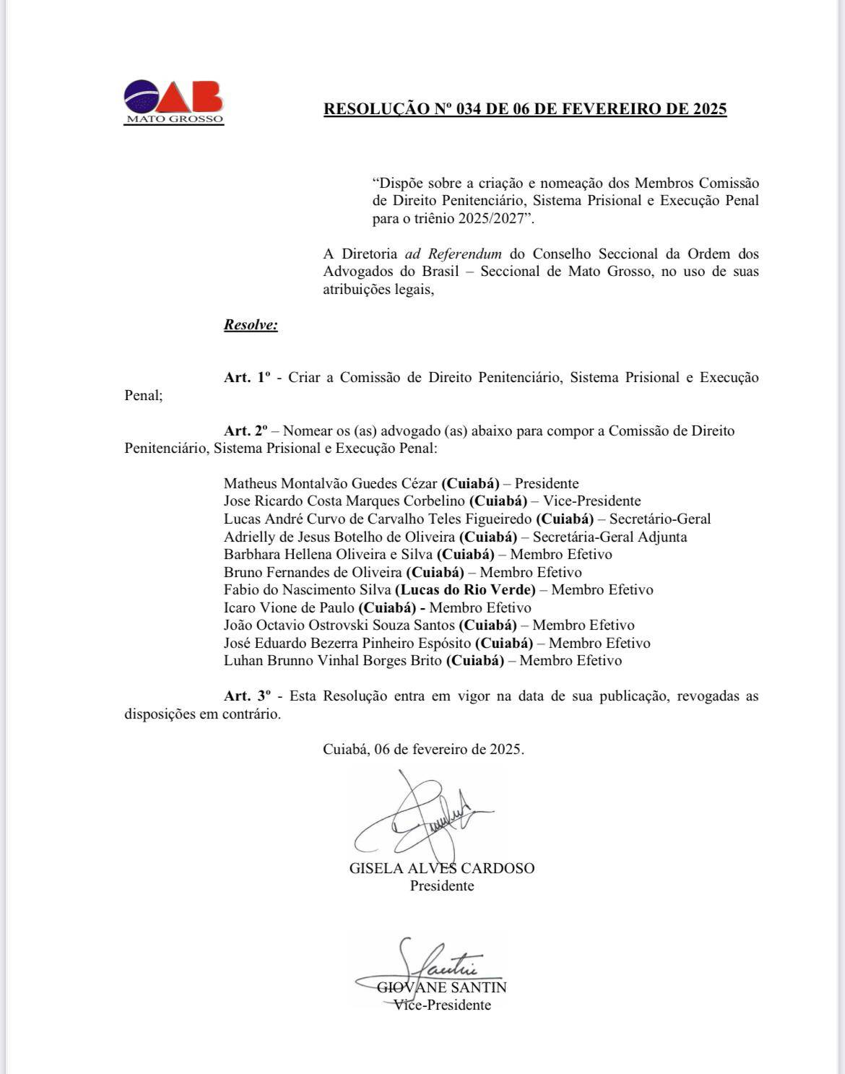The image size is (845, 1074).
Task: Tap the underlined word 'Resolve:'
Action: (x=251, y=324)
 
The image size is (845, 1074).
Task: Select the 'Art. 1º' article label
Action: (x=247, y=377)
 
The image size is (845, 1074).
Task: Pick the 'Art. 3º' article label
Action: (x=247, y=696)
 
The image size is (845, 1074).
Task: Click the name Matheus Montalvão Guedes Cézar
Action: (x=330, y=483)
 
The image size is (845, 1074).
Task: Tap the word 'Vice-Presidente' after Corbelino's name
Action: (x=591, y=501)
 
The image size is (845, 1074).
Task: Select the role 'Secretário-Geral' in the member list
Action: (x=660, y=519)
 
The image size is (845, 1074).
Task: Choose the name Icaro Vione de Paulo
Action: (x=289, y=607)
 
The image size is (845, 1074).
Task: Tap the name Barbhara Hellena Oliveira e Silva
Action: (x=328, y=554)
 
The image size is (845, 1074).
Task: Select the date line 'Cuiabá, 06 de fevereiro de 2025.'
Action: (x=423, y=749)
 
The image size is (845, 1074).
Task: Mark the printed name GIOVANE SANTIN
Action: (x=442, y=987)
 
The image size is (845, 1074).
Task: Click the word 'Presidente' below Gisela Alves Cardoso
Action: (x=442, y=886)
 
